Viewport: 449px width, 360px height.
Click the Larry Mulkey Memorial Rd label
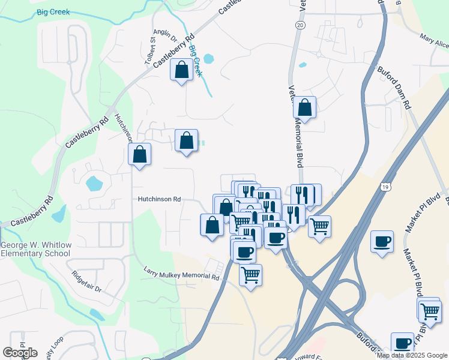[x=182, y=274]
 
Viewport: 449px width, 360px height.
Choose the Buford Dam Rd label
[x=393, y=86]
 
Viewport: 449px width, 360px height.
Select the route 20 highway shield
[x=300, y=25]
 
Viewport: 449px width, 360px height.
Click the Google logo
[x=20, y=352]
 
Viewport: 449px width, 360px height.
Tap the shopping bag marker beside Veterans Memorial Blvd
[x=305, y=108]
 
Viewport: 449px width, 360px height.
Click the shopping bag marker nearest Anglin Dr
[x=181, y=70]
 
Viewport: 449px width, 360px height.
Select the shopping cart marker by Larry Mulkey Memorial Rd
[x=250, y=275]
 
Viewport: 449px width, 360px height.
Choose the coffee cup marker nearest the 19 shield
[x=382, y=242]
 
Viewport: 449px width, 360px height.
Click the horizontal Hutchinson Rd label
[x=159, y=199]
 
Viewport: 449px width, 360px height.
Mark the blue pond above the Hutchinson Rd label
[x=95, y=183]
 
